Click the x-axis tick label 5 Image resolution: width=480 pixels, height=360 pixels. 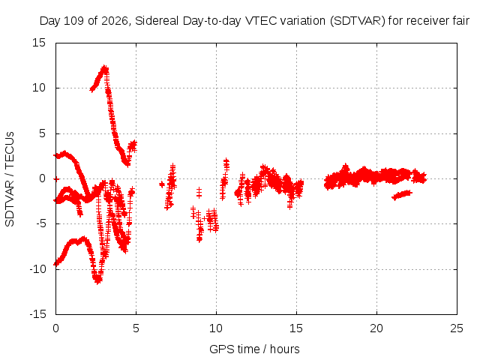[x=136, y=328]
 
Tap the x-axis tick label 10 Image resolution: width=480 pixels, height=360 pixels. [x=216, y=328]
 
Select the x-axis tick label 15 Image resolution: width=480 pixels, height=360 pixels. [x=296, y=328]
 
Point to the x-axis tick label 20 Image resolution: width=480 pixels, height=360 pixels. [x=376, y=328]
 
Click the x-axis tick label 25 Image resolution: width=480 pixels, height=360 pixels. [x=457, y=328]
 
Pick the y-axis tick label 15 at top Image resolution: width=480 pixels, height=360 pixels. [x=39, y=43]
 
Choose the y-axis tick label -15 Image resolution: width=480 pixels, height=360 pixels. [x=37, y=314]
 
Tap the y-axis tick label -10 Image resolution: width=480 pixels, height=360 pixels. [x=37, y=269]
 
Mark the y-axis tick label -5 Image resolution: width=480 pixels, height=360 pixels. [x=41, y=223]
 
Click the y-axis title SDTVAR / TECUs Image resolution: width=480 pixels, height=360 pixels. [x=10, y=179]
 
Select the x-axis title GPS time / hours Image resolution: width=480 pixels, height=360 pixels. [x=254, y=349]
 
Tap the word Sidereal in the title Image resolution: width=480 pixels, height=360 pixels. [x=157, y=21]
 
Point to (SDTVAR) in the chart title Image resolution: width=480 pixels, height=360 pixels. [x=358, y=21]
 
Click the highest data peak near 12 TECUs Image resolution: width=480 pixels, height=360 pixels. [x=105, y=68]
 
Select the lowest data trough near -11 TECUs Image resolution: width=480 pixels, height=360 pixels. [x=98, y=280]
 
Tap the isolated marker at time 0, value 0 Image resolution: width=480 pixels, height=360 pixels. [x=56, y=178]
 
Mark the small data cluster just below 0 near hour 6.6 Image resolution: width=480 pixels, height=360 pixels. [x=162, y=184]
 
